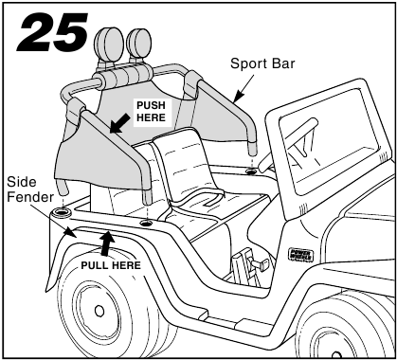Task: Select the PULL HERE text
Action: pyautogui.click(x=111, y=265)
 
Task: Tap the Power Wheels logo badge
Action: pyautogui.click(x=302, y=253)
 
